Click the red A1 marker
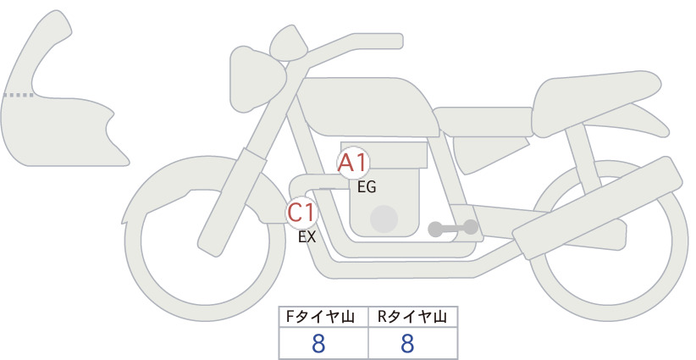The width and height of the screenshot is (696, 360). [353, 163]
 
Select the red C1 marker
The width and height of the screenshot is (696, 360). [301, 213]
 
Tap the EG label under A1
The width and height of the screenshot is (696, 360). [367, 187]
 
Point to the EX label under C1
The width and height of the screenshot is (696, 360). [307, 237]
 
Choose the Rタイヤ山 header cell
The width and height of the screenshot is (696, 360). [413, 317]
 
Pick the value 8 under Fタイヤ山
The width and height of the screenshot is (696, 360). [318, 343]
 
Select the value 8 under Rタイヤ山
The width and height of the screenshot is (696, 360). [407, 343]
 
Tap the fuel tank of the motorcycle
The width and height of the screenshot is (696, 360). [368, 107]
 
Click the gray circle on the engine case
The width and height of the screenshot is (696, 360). [384, 219]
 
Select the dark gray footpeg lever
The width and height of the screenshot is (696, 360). [453, 229]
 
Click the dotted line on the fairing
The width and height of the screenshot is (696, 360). [19, 95]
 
